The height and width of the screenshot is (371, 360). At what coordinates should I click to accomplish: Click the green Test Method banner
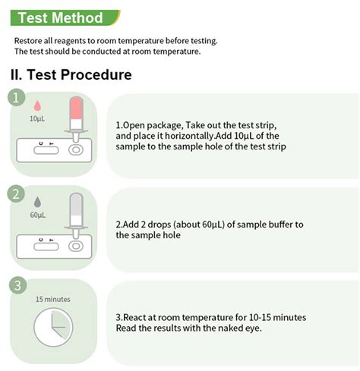click(65, 17)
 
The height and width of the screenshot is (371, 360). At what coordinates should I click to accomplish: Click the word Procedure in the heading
click(96, 74)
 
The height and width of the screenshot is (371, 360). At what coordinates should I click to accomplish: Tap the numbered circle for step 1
click(17, 97)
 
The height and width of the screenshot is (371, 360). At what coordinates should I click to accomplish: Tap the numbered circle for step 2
click(16, 194)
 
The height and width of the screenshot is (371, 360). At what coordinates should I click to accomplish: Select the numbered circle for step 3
click(17, 285)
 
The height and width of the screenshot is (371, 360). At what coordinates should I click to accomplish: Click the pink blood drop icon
click(37, 105)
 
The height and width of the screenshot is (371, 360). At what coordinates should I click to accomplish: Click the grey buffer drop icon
click(37, 202)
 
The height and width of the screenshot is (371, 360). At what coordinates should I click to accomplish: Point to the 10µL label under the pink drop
click(37, 118)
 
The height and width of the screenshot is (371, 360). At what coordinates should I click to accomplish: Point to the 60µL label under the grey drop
click(38, 215)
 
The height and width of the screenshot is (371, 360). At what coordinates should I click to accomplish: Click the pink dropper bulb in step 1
click(76, 108)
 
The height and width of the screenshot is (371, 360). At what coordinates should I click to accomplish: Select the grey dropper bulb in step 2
click(76, 204)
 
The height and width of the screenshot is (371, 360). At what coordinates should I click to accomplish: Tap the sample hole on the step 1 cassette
click(76, 150)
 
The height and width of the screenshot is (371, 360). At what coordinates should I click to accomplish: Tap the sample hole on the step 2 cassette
click(76, 246)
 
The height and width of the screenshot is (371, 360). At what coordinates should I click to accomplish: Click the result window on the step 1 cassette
click(46, 150)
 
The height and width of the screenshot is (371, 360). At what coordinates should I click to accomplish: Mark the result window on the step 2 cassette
click(46, 247)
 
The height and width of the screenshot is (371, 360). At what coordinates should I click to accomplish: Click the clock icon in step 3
click(53, 327)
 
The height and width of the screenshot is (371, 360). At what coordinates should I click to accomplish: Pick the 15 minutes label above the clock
click(53, 299)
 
